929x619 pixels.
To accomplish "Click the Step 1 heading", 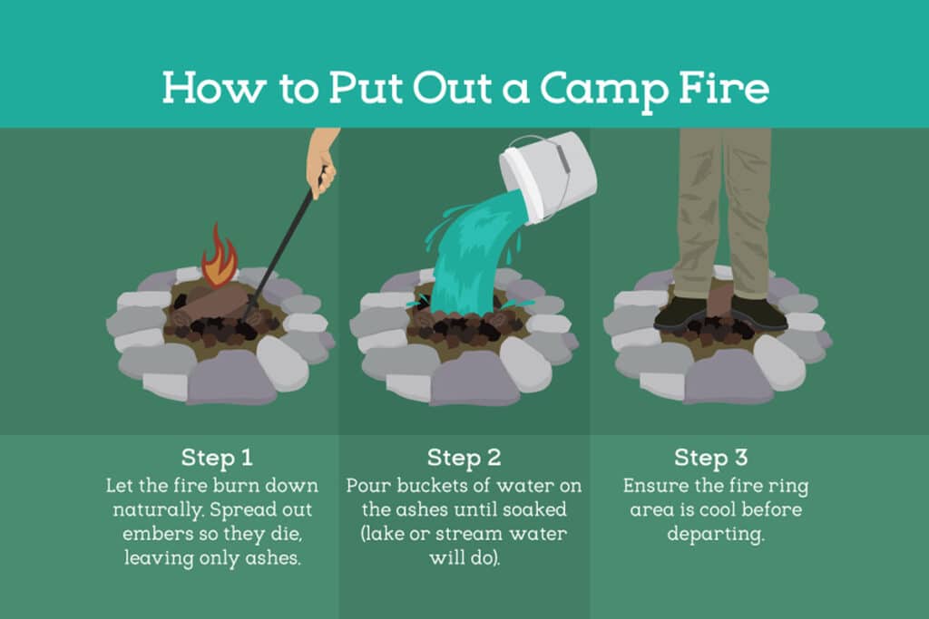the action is tap(217, 458).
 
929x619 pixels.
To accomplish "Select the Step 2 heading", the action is tap(464, 458).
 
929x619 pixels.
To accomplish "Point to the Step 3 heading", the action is tap(711, 458).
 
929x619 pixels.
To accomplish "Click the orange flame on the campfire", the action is tap(220, 256).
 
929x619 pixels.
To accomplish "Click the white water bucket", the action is tap(548, 177).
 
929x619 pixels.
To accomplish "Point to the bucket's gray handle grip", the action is tap(562, 158).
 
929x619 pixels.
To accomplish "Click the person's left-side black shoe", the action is tap(681, 314).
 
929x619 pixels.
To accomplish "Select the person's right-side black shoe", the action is tap(758, 314).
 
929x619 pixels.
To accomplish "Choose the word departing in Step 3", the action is tap(716, 535).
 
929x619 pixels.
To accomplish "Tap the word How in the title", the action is tap(214, 88).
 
